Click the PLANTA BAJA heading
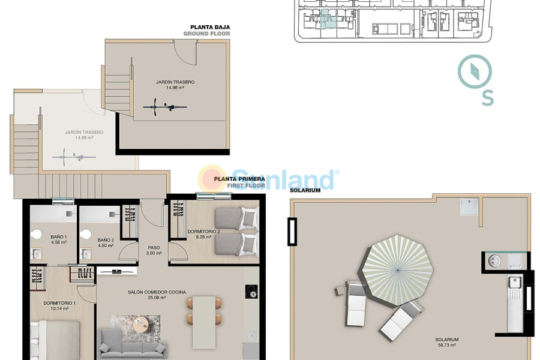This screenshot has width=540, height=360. click(210, 27)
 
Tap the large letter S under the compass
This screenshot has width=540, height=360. click(488, 97)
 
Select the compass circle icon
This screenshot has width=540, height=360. click(475, 72)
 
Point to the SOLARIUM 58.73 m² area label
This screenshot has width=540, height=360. click(446, 343)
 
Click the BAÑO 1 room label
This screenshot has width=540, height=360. click(58, 241)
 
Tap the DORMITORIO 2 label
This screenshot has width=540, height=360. click(204, 234)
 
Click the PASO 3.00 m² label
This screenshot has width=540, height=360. click(154, 250)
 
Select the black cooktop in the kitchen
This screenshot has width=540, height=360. click(251, 292)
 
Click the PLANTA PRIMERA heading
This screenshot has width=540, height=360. click(239, 178)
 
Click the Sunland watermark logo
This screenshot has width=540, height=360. click(270, 179)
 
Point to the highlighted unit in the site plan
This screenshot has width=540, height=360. click(327, 19)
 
